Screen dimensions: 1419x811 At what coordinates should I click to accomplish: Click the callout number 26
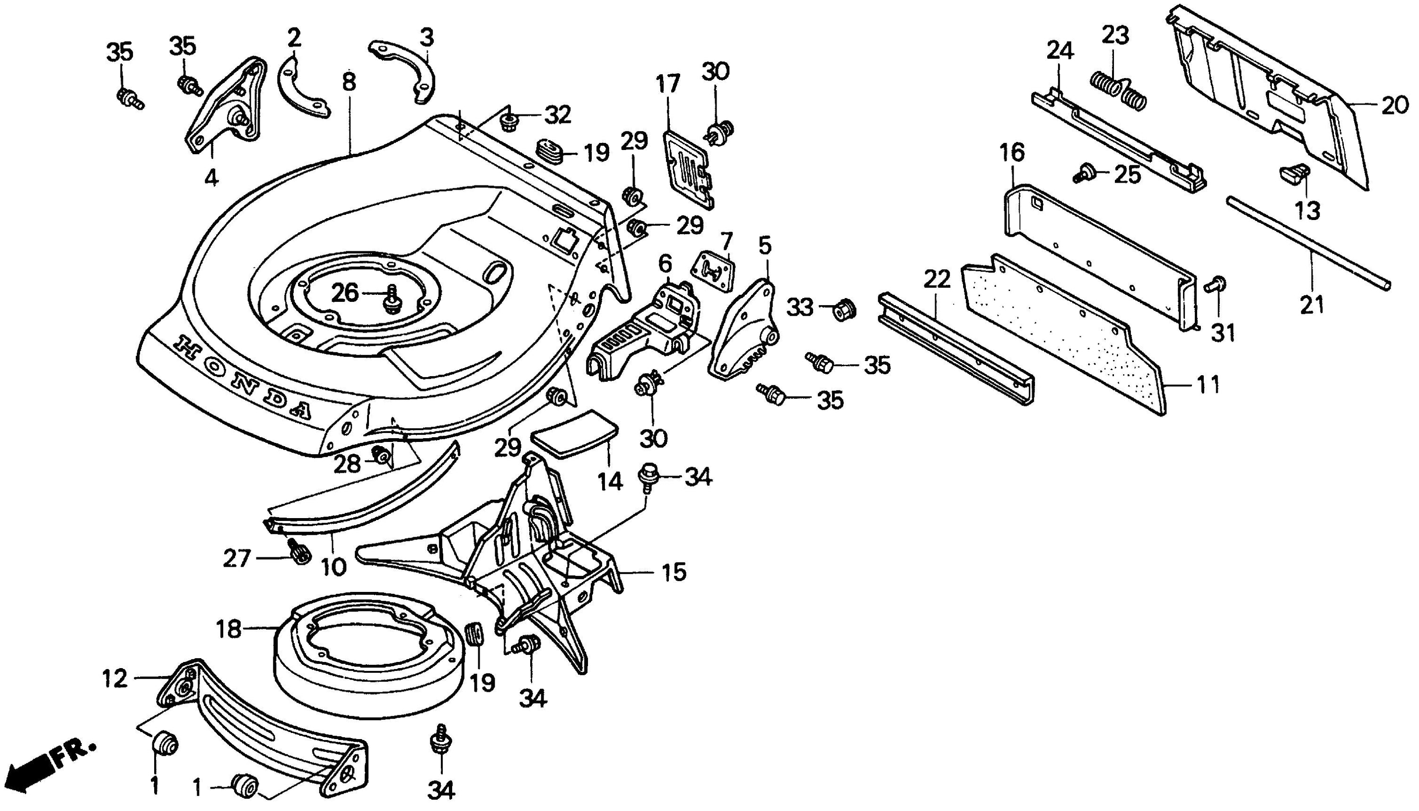click(x=345, y=292)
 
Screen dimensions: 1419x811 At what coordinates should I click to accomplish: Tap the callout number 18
click(x=228, y=629)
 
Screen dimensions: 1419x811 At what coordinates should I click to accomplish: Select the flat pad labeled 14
click(x=573, y=433)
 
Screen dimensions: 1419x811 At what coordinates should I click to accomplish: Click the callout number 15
click(x=674, y=572)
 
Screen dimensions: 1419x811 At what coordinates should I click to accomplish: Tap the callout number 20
click(x=1394, y=105)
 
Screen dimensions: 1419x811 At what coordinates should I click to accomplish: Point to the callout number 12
click(x=115, y=679)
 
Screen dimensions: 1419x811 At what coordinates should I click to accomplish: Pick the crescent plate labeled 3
click(x=403, y=71)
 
